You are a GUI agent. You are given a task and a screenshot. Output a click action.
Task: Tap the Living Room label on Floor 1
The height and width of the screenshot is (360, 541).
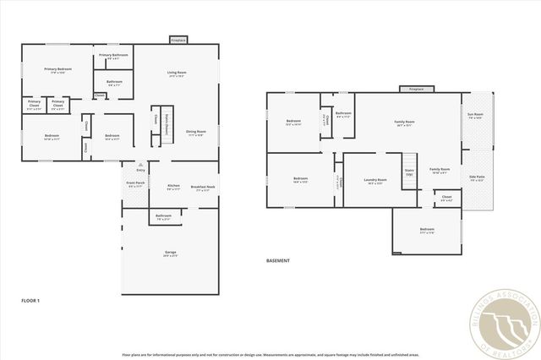click(176, 74)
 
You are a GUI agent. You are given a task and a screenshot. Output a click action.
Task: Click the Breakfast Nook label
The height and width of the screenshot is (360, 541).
click(203, 188)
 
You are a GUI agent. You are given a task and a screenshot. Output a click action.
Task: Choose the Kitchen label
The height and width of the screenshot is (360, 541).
click(173, 187)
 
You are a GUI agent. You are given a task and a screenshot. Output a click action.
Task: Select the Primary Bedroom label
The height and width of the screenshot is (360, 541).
click(57, 70)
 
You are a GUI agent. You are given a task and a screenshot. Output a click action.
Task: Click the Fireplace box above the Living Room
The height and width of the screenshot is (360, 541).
click(178, 40)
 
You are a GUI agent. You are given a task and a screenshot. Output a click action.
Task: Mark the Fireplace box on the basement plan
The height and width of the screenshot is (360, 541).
click(416, 89)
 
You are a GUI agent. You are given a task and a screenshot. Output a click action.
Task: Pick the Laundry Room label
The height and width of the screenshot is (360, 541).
click(375, 180)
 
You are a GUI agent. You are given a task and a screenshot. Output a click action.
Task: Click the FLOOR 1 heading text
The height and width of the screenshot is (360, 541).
click(30, 300)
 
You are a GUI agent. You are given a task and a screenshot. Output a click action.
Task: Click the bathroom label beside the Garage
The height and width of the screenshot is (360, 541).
click(163, 217)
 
